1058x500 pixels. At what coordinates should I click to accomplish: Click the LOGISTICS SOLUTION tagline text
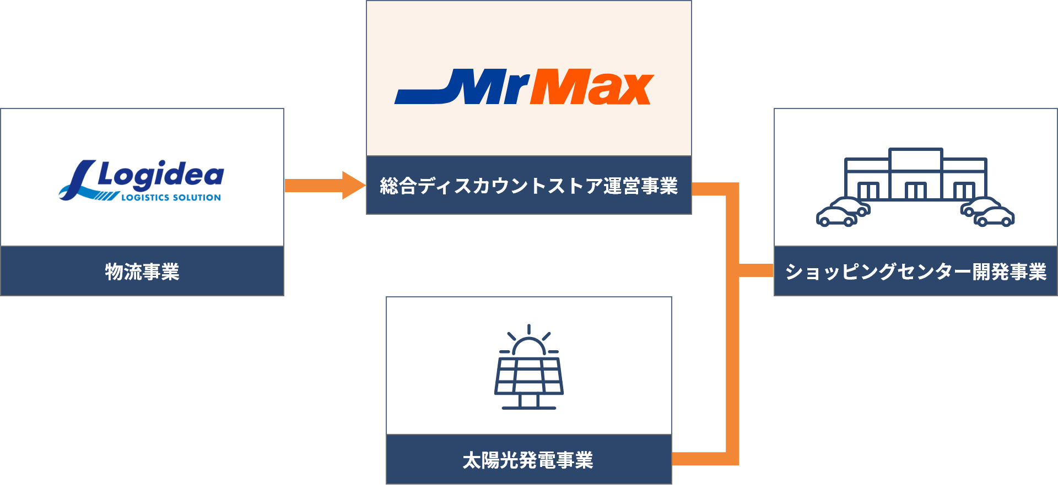(x=171, y=197)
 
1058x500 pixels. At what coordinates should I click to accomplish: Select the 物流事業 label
(x=142, y=271)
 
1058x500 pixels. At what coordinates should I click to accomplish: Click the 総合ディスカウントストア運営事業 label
(x=528, y=186)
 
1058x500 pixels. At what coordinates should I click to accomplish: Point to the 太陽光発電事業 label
(x=528, y=460)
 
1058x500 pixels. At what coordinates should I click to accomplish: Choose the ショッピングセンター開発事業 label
(x=915, y=271)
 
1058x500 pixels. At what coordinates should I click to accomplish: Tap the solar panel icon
(x=528, y=376)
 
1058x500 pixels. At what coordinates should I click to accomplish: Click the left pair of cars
(x=843, y=212)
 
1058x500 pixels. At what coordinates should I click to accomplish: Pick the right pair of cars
(x=988, y=212)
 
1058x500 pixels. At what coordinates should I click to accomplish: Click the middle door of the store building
(x=916, y=191)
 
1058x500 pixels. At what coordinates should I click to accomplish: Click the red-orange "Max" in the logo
(x=592, y=87)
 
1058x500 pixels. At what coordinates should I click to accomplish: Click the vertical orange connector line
(x=732, y=330)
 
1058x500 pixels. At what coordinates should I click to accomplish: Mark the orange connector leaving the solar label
(x=700, y=459)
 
